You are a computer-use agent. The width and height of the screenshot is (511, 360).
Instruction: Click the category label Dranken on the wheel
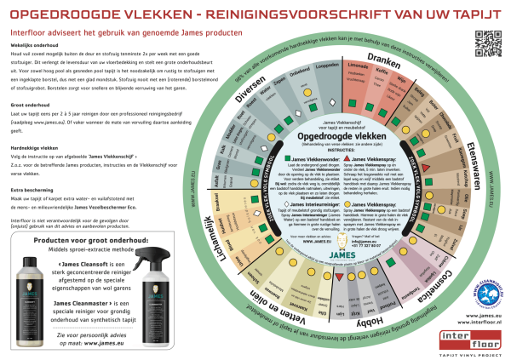point(387,65)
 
